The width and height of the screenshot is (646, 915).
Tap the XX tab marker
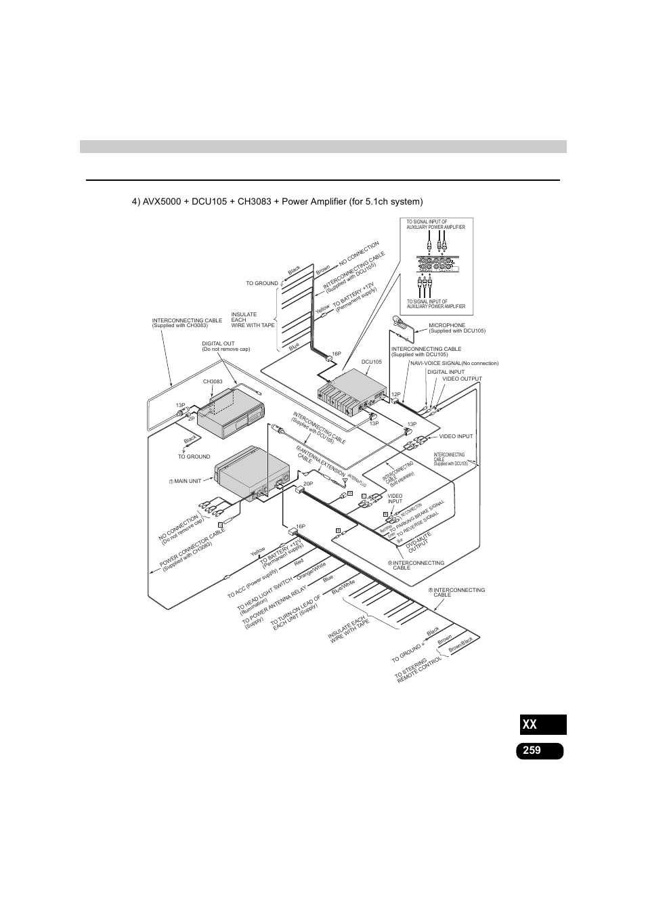click(530, 725)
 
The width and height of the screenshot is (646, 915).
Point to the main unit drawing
click(251, 477)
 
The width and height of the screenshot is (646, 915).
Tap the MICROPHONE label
click(447, 325)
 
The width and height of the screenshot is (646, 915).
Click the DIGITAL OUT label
click(218, 343)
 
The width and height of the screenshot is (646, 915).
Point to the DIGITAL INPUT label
click(446, 371)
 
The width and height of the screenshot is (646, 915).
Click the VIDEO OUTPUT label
click(462, 379)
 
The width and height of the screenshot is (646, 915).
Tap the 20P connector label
click(307, 484)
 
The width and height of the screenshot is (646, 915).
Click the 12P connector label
click(397, 393)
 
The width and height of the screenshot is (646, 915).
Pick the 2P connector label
click(192, 419)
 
